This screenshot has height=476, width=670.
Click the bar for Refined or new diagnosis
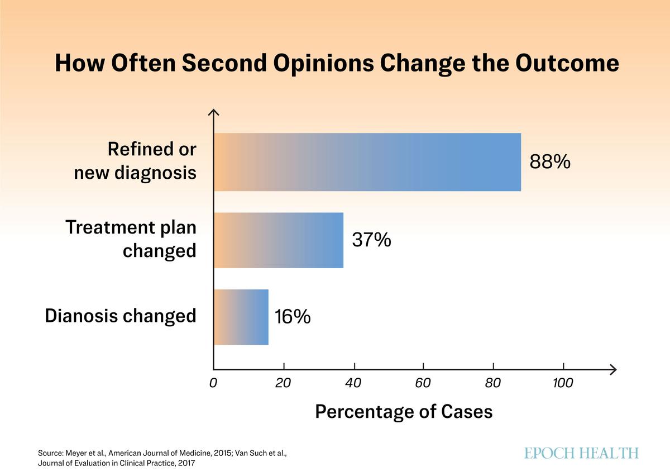click(x=367, y=162)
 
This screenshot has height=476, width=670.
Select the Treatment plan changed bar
click(x=278, y=240)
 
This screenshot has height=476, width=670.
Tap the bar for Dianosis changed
click(x=241, y=317)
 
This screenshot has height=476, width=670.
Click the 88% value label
click(x=550, y=163)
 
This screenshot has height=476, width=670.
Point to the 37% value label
click(x=371, y=240)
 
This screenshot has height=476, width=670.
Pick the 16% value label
click(x=293, y=317)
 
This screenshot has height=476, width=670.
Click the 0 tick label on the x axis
click(x=213, y=383)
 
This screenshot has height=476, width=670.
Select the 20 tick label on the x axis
click(x=283, y=383)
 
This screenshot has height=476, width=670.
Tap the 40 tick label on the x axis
click(x=353, y=383)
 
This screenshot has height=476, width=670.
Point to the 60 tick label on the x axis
click(x=423, y=383)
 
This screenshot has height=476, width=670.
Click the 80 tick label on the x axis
click(x=493, y=383)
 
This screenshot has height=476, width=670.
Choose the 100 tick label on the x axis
click(x=563, y=383)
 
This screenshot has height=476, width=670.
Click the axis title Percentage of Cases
click(x=404, y=412)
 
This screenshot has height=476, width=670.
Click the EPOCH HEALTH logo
click(x=581, y=453)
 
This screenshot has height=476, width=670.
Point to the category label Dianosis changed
click(x=121, y=316)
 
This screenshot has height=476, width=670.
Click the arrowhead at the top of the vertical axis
click(x=213, y=113)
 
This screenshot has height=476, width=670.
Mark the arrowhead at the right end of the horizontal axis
click(x=613, y=369)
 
